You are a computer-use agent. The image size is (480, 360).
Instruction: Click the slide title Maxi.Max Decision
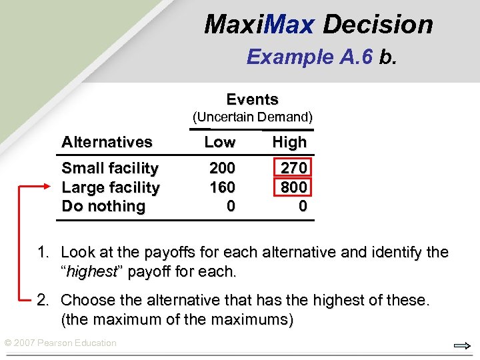(x=319, y=25)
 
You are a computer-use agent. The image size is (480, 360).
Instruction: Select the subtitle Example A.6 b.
(x=321, y=57)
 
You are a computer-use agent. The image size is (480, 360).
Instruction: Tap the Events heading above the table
(x=252, y=99)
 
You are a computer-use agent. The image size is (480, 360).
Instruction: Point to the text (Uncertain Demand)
(x=253, y=117)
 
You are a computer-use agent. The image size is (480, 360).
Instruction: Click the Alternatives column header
(x=107, y=142)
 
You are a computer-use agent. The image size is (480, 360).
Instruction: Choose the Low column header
(x=220, y=142)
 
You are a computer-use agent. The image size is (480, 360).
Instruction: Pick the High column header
(x=289, y=142)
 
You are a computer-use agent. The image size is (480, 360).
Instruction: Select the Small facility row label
(x=110, y=168)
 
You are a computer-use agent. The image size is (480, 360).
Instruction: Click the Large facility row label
(x=111, y=187)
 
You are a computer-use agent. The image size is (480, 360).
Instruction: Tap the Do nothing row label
(x=103, y=206)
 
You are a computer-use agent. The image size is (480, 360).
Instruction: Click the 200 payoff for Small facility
(x=222, y=168)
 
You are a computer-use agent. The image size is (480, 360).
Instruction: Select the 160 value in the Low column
(x=222, y=187)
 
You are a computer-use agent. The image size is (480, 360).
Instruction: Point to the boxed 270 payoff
(x=294, y=168)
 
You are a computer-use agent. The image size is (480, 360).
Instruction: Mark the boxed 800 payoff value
(x=294, y=187)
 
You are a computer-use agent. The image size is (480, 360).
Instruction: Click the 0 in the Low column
(x=231, y=207)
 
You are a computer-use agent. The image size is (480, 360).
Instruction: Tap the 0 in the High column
(x=303, y=207)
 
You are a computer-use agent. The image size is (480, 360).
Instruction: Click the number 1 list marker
(x=43, y=253)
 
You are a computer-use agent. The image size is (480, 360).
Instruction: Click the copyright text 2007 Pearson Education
(x=60, y=343)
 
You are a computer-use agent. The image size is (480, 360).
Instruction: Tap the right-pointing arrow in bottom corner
(x=461, y=346)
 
